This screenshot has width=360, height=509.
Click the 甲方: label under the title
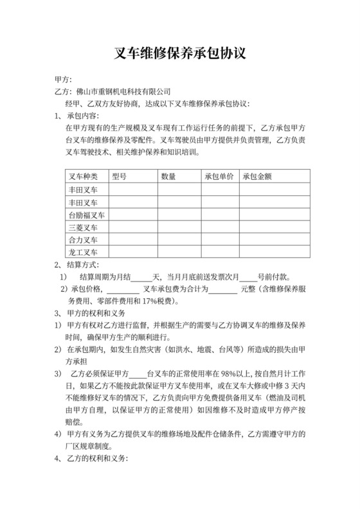tap(65, 80)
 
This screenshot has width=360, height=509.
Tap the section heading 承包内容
tap(83, 116)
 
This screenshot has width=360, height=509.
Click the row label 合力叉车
tap(83, 240)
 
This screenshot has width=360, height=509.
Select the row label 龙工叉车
tap(83, 252)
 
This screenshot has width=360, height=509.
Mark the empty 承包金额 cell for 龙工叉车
tap(275, 252)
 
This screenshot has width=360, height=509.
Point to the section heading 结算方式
tap(83, 264)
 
